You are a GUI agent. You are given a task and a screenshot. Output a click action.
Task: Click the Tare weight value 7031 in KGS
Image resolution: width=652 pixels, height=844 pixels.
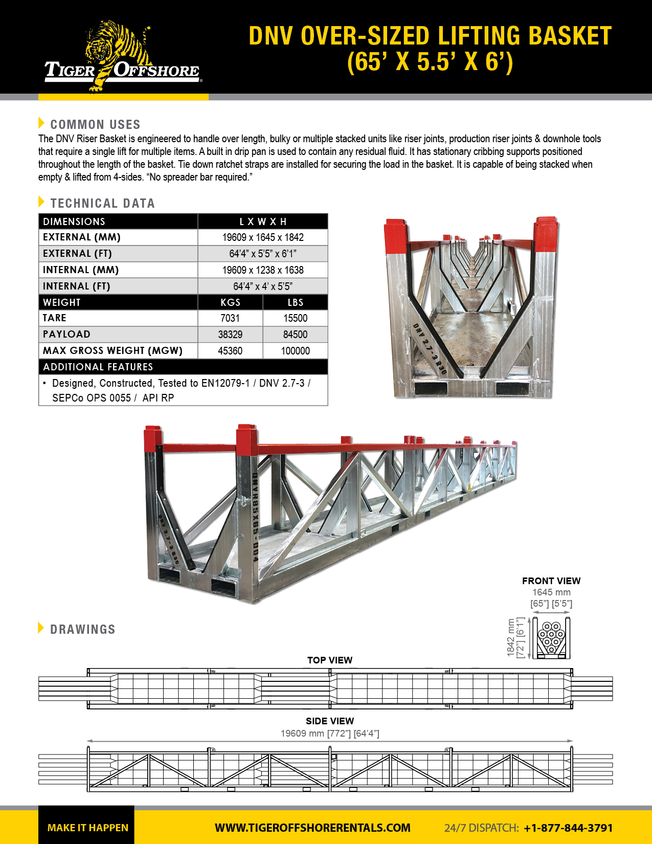[x=230, y=318]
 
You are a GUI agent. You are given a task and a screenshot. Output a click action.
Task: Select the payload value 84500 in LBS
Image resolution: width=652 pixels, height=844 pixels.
[x=295, y=335]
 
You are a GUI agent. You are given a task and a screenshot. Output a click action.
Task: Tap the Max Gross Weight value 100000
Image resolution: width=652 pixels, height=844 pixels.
[x=295, y=351]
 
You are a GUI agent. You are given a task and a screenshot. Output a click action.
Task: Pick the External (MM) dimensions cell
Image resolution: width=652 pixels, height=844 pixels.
[x=263, y=237]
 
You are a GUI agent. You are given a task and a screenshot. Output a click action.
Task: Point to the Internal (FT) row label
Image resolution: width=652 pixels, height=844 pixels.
[x=77, y=286]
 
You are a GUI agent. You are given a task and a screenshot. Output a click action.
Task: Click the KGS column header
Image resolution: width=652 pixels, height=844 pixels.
[x=230, y=302]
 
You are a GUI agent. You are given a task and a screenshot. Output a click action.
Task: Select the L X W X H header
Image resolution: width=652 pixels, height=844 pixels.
[x=263, y=221]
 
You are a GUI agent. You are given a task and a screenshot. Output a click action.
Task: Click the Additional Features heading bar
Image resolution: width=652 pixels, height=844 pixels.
[x=183, y=367]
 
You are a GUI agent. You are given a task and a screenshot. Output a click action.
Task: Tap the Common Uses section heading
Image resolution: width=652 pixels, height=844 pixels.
[x=95, y=124]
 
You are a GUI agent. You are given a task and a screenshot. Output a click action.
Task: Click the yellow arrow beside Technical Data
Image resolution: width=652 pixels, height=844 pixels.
[x=41, y=202]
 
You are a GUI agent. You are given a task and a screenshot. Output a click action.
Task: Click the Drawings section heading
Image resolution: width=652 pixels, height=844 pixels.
[x=82, y=629]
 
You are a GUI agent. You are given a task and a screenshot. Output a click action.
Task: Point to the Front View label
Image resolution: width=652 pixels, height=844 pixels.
[x=551, y=581]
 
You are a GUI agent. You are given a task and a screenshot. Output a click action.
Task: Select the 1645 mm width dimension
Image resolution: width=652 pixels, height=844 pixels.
[x=551, y=592]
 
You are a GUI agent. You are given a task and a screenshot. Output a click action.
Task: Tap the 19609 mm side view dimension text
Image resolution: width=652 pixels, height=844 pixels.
[x=330, y=734]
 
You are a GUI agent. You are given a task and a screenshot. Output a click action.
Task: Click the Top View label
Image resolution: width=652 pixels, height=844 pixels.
[x=330, y=660]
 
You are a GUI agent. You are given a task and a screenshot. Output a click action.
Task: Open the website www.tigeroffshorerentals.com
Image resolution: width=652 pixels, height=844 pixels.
[x=312, y=828]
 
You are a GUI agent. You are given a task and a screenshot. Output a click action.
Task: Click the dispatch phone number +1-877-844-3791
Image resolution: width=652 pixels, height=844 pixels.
[x=568, y=828]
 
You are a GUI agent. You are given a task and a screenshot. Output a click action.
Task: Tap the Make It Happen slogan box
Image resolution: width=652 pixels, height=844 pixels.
[x=87, y=828]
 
